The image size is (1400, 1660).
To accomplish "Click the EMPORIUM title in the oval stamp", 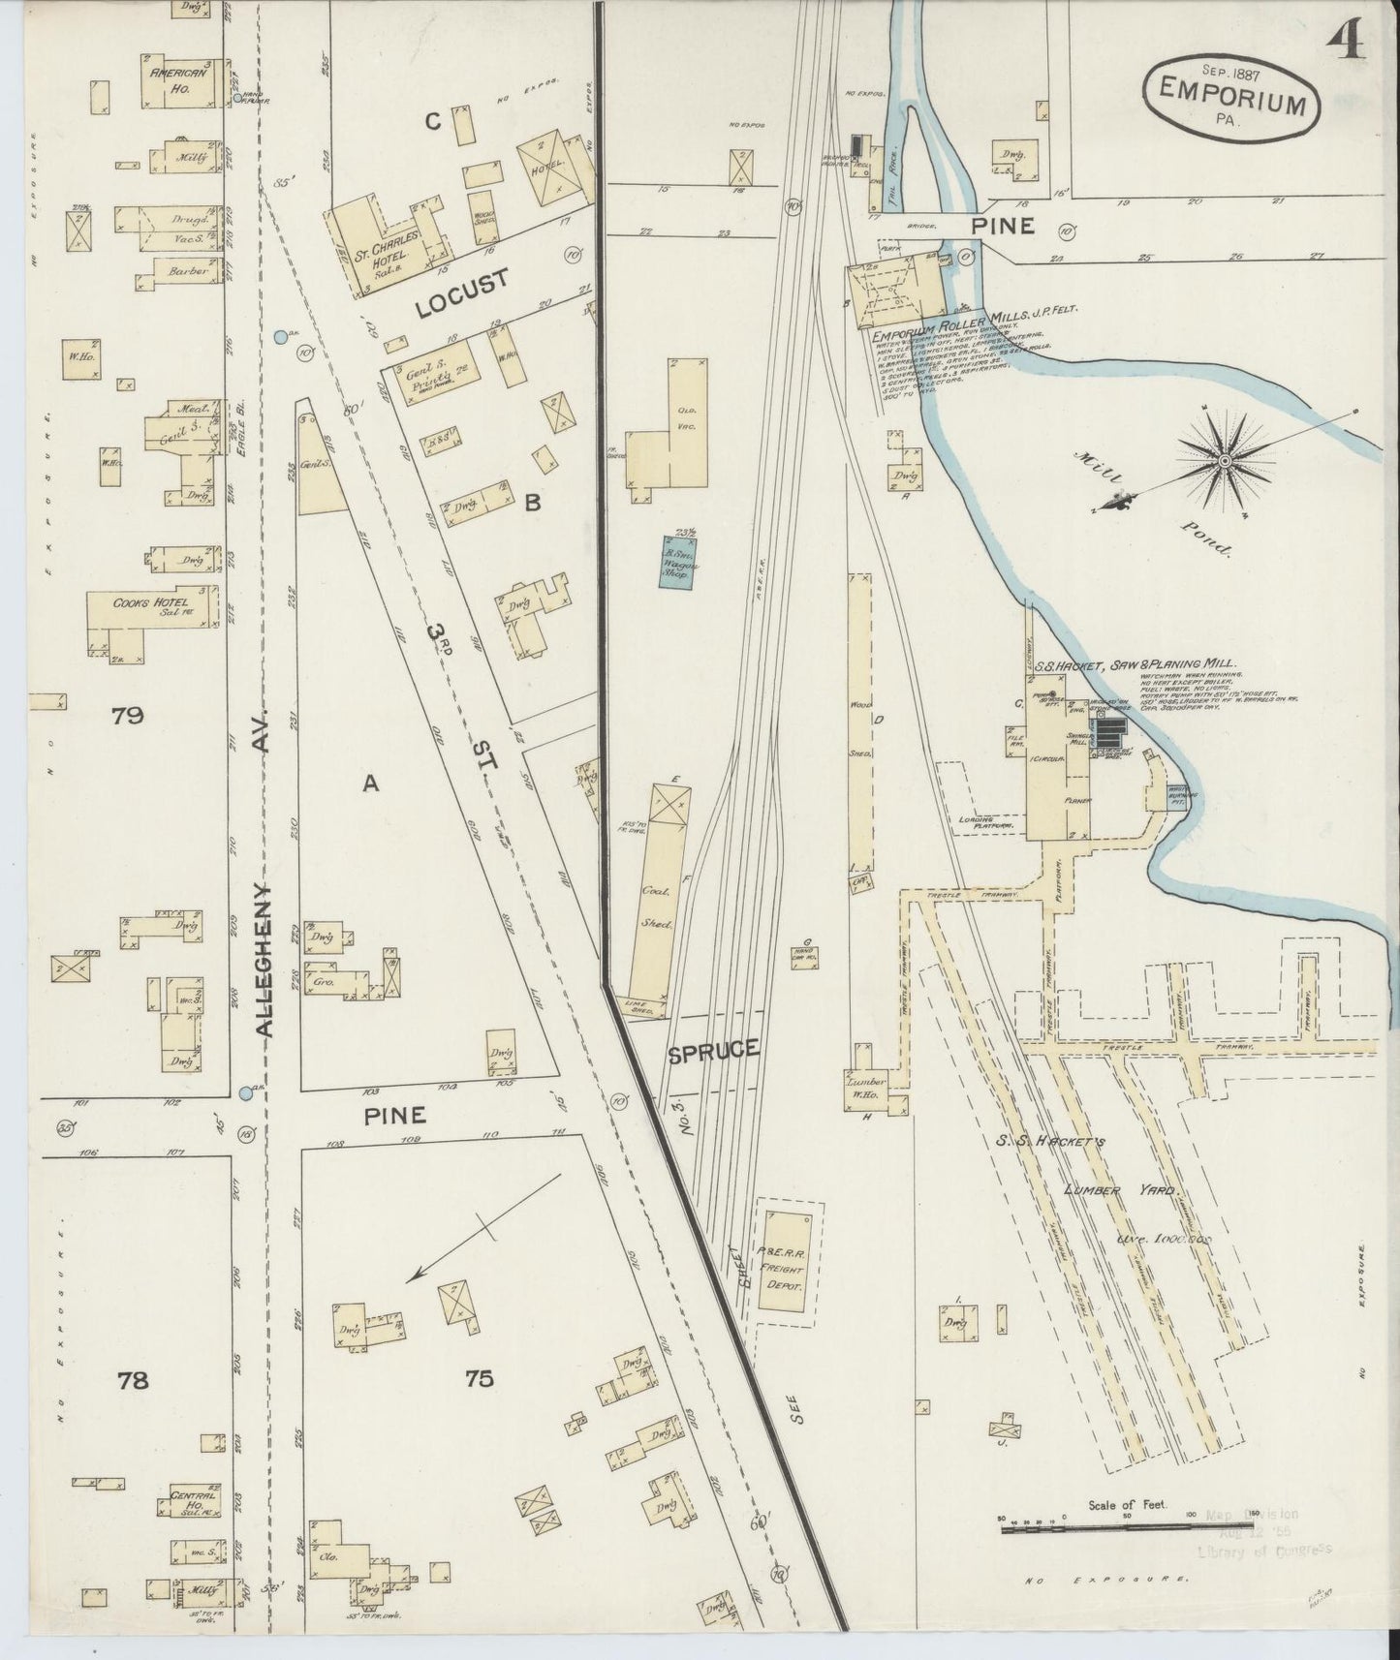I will coord(1232,100).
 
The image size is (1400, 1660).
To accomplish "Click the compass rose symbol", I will coord(1224,461).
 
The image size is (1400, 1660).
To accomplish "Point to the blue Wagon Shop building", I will coord(679,562).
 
